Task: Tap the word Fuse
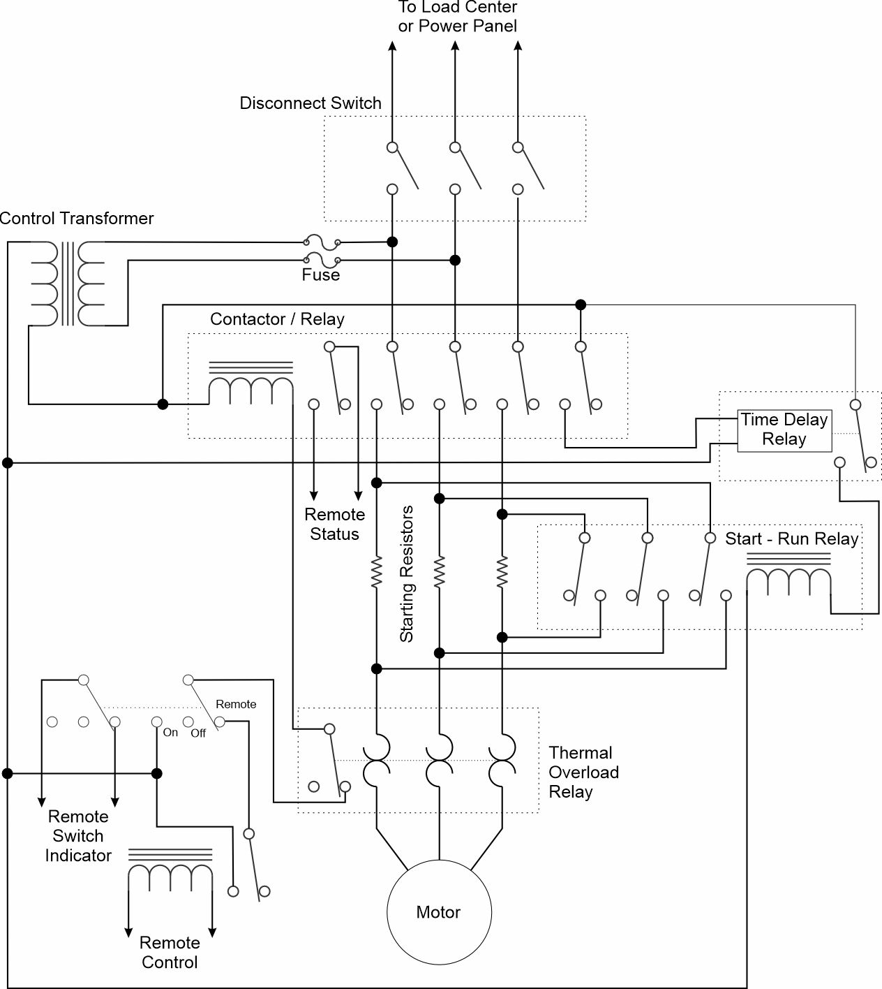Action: tap(320, 274)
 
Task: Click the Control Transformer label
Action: tap(76, 218)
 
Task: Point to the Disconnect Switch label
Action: tap(311, 103)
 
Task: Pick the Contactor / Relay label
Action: tap(277, 318)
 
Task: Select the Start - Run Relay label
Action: tap(792, 539)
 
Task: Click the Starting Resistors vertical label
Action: tap(406, 573)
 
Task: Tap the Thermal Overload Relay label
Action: tap(583, 772)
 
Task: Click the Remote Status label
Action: tap(335, 524)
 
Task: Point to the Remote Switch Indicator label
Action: tap(78, 836)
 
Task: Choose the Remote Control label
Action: tap(170, 953)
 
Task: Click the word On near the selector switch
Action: tap(170, 733)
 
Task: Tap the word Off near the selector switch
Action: tap(198, 733)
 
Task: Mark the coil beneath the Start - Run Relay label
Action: tap(788, 571)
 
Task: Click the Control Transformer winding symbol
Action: tap(67, 283)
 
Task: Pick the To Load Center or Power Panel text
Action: tap(458, 17)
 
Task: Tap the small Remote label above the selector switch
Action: tap(236, 704)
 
